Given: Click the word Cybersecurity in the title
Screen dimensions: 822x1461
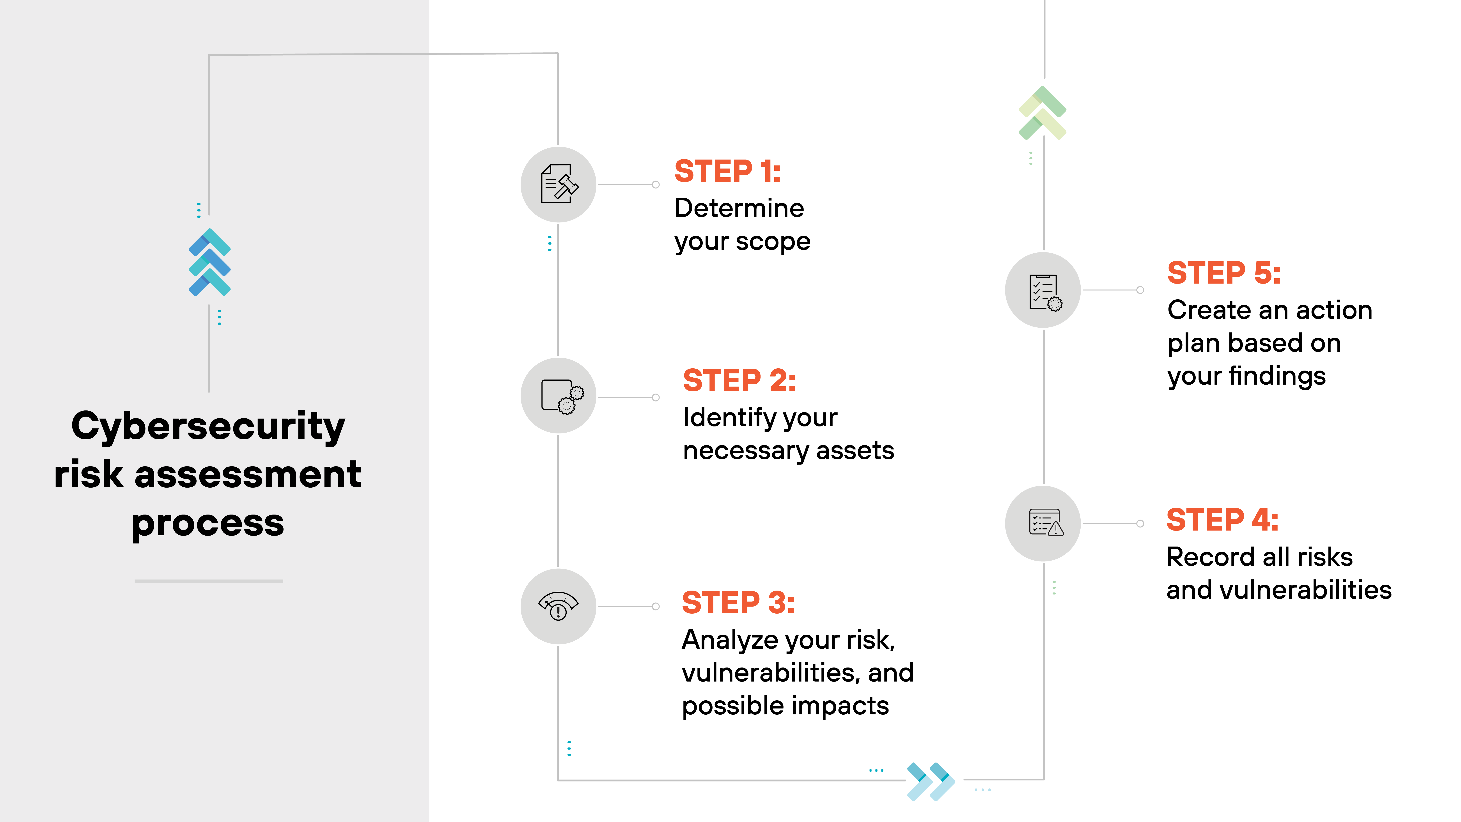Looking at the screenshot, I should tap(208, 427).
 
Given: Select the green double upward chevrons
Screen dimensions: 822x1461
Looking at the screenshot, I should tap(1043, 113).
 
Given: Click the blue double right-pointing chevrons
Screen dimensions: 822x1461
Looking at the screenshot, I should tap(930, 781).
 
